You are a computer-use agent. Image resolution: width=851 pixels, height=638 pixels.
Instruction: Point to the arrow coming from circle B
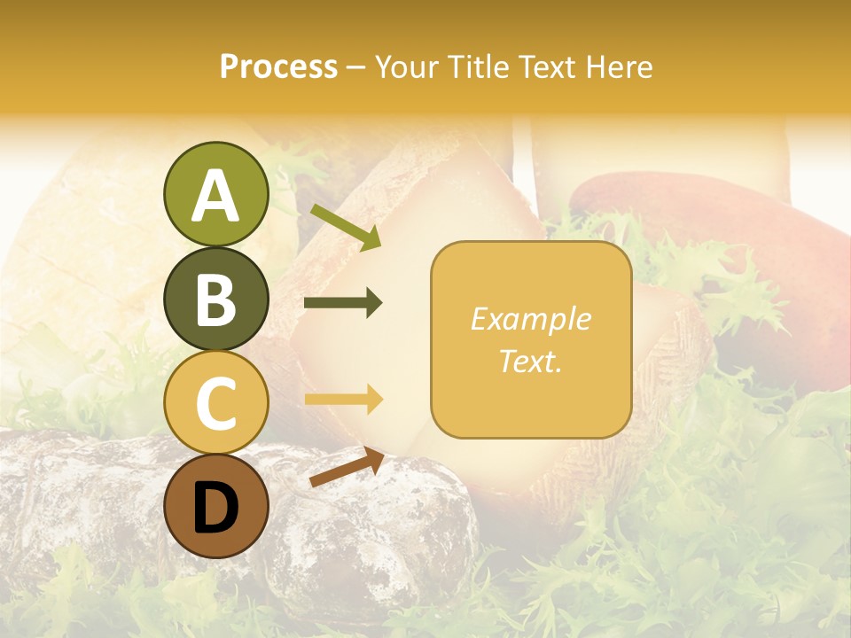(343, 303)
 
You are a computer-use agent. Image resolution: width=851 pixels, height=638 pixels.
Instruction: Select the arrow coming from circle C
(343, 400)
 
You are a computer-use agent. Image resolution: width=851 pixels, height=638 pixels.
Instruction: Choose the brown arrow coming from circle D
(347, 467)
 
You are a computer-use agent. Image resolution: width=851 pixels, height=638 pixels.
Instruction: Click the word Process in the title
(278, 66)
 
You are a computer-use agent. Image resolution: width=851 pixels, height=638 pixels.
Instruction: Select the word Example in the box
(530, 319)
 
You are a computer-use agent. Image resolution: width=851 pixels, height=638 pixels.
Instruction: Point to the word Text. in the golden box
(530, 361)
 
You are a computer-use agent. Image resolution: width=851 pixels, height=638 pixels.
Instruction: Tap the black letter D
(215, 508)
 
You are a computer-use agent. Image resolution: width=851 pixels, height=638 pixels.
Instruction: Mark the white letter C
(215, 404)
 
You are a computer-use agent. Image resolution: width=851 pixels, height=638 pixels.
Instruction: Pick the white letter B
(215, 300)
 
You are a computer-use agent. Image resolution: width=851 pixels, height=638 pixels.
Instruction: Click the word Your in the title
(406, 66)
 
